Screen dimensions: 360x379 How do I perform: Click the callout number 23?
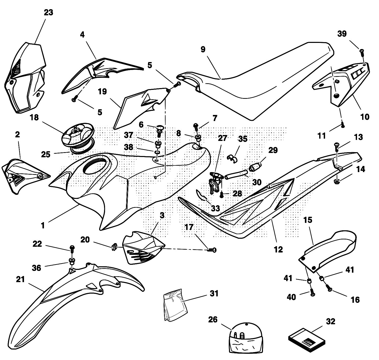click(48, 12)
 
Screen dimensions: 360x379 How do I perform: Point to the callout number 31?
click(214, 294)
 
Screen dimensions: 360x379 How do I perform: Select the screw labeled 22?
click(72, 248)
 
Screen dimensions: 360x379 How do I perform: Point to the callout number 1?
click(43, 225)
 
